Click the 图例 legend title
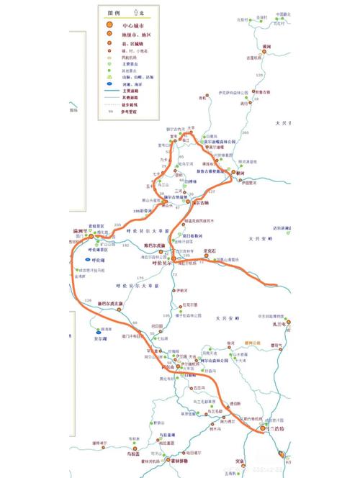[x=112, y=13]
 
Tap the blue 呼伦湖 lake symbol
[x=87, y=258]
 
